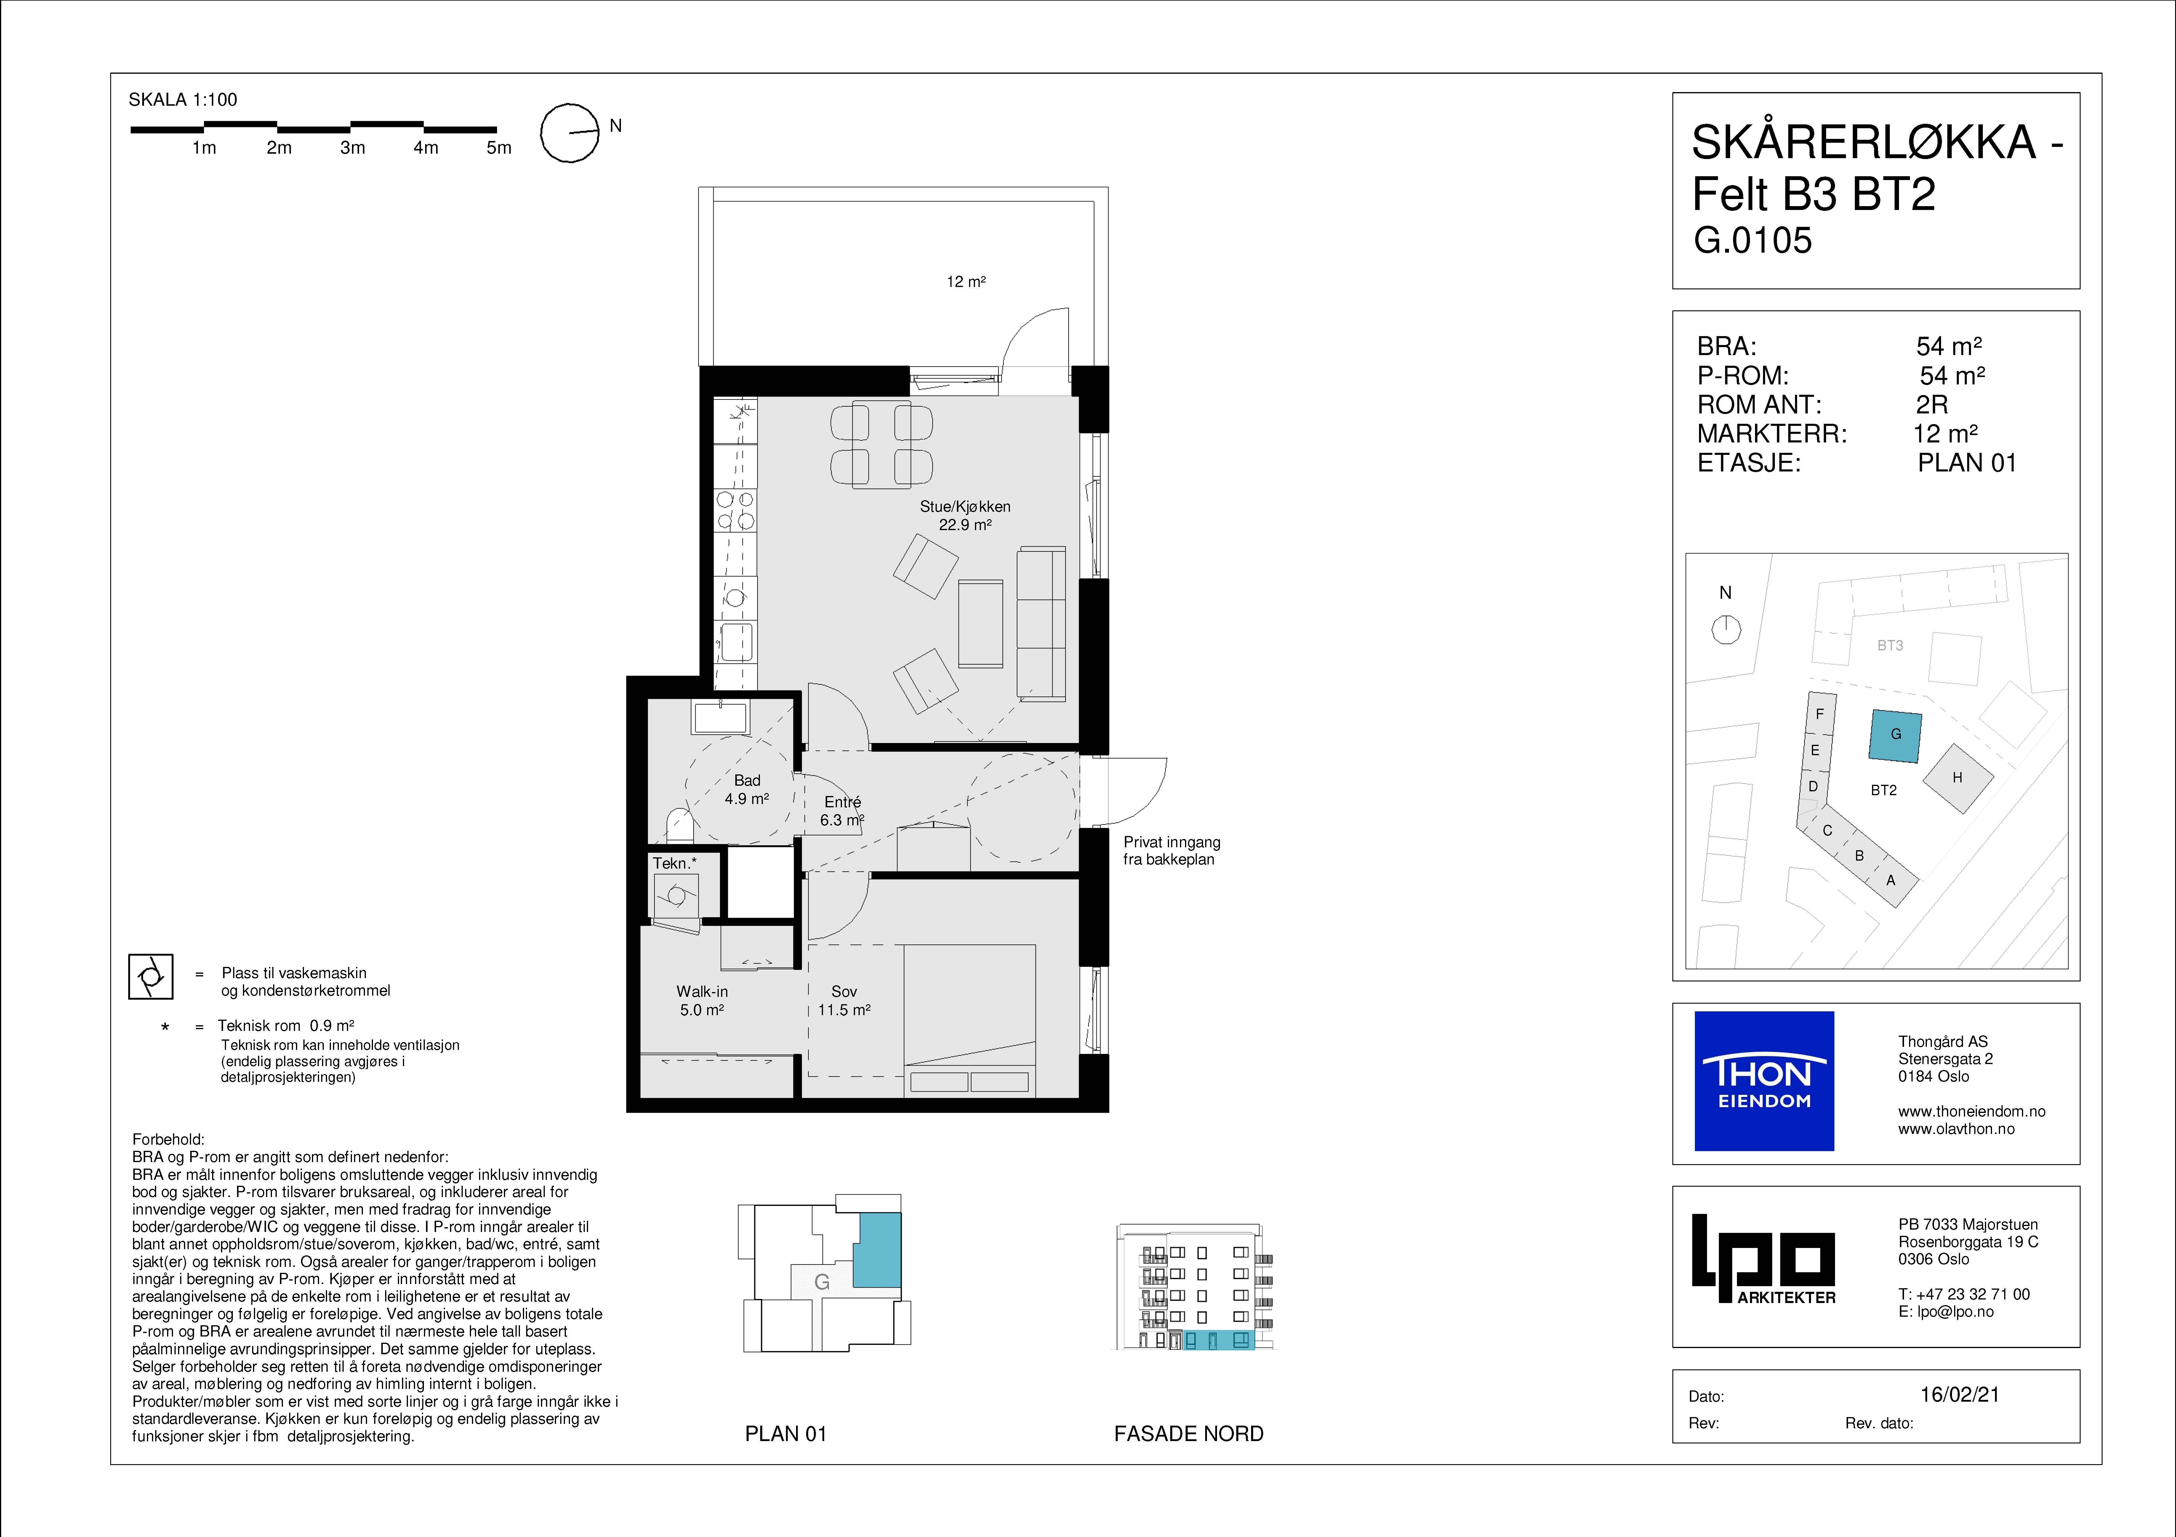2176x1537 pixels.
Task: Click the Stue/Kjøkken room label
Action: [x=965, y=516]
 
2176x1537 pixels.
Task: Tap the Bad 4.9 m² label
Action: [x=747, y=789]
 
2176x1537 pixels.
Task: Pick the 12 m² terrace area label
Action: [x=966, y=281]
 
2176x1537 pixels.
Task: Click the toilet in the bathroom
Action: [x=680, y=825]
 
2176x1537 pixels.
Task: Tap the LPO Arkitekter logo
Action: [x=1764, y=1259]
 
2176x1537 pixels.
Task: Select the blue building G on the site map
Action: [x=1895, y=736]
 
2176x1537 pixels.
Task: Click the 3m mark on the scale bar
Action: [x=352, y=147]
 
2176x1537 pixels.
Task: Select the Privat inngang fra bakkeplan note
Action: [x=1171, y=851]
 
